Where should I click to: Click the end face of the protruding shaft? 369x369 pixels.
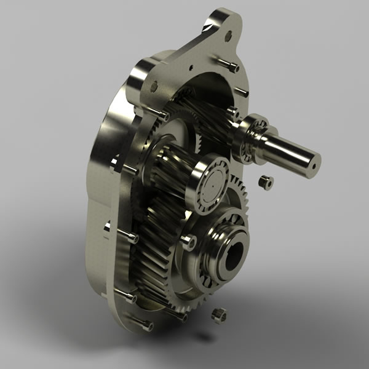314,161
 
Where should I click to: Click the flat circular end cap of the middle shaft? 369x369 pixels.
213,178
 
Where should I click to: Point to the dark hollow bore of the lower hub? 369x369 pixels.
234,259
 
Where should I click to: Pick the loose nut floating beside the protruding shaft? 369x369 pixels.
265,182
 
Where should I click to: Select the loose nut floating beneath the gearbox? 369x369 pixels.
218,315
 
